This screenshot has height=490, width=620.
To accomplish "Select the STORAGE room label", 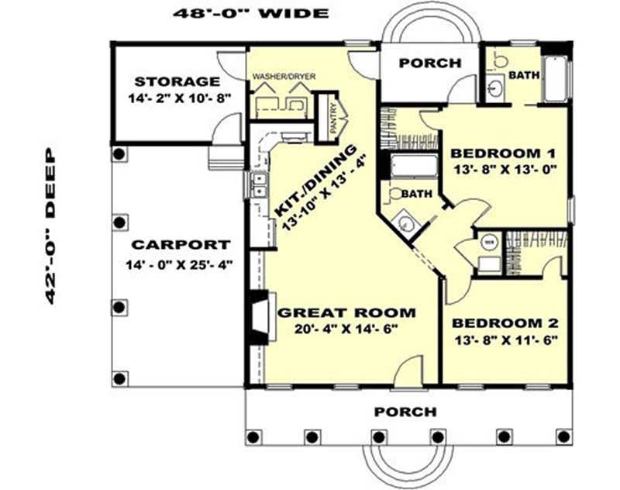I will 177,81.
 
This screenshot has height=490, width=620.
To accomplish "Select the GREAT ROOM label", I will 346,313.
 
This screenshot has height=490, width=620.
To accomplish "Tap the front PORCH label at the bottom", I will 405,411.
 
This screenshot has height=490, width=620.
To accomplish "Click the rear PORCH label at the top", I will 429,63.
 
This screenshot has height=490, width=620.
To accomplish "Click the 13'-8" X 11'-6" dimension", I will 505,339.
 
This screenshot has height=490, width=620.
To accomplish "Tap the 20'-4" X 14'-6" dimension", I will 346,329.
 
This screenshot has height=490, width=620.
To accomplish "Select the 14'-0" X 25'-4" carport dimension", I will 179,264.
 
